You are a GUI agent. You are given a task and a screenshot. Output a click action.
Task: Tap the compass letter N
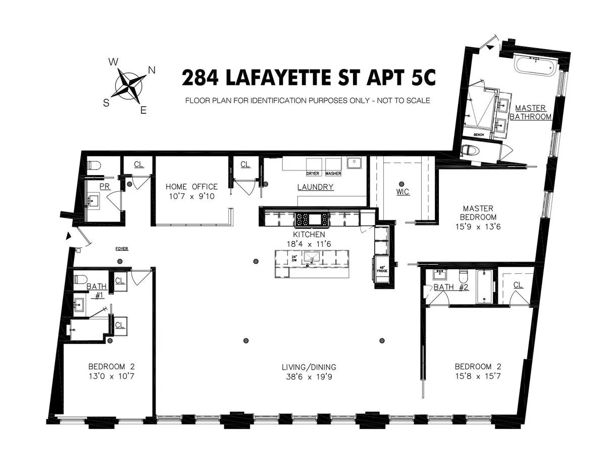(151, 70)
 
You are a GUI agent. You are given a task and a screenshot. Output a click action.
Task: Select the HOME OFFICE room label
(191, 187)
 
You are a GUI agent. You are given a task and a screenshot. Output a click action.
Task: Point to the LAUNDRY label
(315, 187)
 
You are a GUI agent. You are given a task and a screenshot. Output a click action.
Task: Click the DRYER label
(313, 174)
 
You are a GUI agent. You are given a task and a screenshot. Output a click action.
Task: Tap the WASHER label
(333, 174)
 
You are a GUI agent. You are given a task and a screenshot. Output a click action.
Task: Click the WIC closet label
(402, 192)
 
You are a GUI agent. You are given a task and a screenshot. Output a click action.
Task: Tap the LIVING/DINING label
(309, 367)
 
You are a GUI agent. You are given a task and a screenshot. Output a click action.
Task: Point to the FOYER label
(122, 248)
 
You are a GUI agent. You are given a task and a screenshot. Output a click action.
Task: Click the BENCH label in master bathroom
(479, 135)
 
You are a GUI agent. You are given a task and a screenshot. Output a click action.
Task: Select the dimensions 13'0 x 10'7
(112, 376)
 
